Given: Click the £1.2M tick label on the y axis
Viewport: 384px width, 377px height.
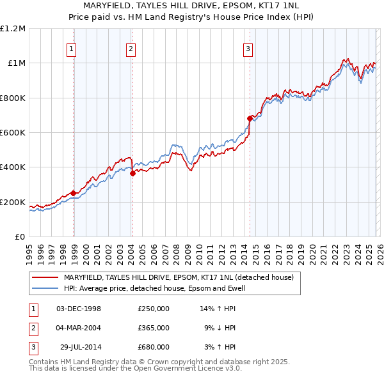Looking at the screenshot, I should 13,29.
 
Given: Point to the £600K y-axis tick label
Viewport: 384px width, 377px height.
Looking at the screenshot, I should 13,133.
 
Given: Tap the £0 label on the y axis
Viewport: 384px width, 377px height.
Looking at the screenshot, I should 20,237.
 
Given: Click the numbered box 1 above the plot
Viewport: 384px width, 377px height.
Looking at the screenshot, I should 71,48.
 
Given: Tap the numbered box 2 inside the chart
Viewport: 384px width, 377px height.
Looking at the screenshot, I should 131,48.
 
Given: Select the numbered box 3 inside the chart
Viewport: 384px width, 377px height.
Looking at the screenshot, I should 248,48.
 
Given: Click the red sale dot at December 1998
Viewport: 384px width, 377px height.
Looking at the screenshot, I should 74,193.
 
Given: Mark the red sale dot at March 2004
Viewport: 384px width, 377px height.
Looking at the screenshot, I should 132,173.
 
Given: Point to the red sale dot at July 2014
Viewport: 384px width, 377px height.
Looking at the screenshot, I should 250,118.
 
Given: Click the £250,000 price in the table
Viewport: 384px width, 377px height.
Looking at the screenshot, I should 154,309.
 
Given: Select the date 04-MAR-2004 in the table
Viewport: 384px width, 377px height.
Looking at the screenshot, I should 79,328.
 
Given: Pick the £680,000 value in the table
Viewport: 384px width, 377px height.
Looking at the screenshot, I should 154,347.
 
